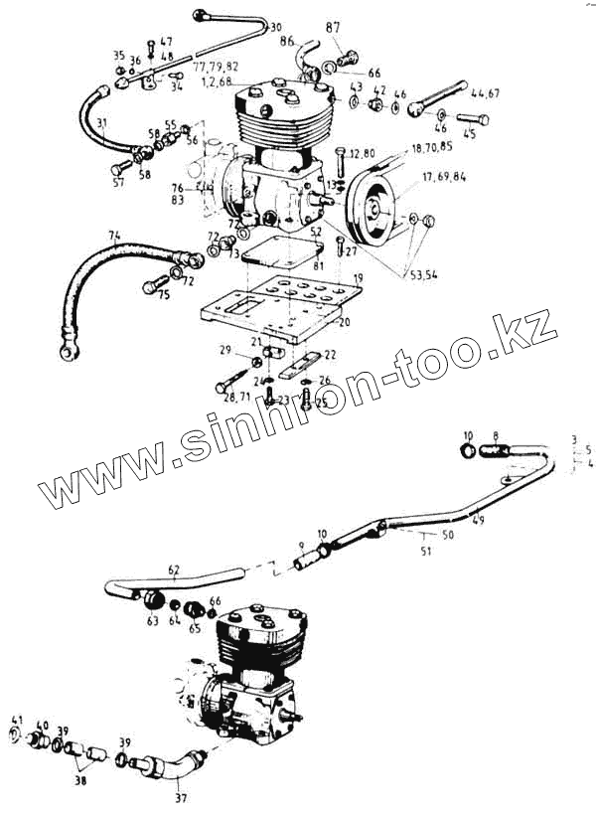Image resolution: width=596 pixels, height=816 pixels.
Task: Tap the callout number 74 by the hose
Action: click(114, 237)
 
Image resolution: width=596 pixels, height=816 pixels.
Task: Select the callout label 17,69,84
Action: click(443, 178)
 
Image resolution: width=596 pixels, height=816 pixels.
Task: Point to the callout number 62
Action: click(174, 570)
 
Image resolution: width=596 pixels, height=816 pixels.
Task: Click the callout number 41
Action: click(17, 720)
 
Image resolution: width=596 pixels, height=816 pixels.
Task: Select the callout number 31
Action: click(101, 122)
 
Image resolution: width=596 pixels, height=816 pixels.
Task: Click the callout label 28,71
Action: click(236, 397)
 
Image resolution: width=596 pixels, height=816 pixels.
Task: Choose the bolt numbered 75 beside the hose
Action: click(151, 287)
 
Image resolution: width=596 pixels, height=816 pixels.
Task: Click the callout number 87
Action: click(334, 27)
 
